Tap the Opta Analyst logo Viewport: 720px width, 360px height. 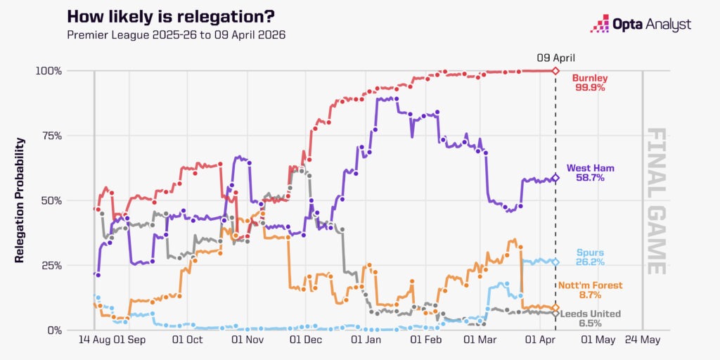(x=640, y=25)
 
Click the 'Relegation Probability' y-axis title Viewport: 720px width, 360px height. (x=20, y=200)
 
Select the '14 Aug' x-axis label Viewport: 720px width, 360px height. (x=94, y=339)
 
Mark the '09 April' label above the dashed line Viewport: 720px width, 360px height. (x=555, y=58)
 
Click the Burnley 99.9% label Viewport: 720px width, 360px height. (x=589, y=82)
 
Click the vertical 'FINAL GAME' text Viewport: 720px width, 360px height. (x=655, y=200)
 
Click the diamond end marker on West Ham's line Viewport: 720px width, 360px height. (x=555, y=178)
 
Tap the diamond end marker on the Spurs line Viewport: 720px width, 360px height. (x=555, y=262)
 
